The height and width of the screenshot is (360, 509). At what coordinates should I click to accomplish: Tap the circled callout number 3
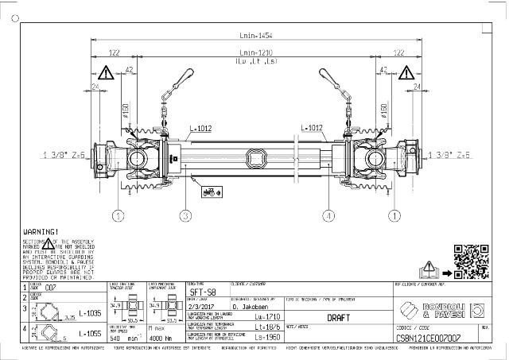pyautogui.click(x=184, y=215)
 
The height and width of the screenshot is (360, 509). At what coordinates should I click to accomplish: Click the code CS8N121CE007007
pyautogui.click(x=428, y=337)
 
